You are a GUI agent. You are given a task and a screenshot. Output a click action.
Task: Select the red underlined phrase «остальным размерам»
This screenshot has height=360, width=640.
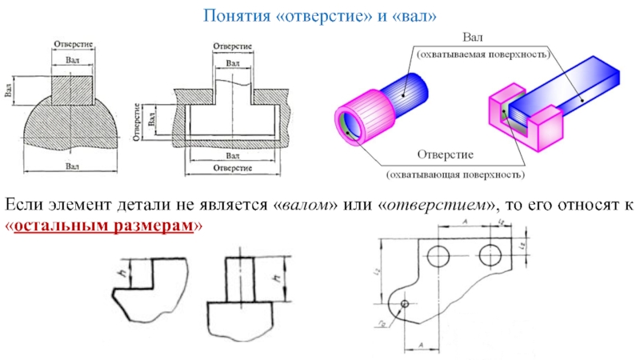104,226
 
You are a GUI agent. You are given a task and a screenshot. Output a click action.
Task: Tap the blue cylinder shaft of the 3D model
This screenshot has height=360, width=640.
413,87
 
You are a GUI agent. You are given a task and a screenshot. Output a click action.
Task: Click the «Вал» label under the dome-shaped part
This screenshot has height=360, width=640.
73,166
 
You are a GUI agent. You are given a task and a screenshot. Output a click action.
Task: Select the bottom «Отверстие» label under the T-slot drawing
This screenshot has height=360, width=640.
233,169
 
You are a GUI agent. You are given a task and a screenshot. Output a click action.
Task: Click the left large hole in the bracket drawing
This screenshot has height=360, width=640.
438,257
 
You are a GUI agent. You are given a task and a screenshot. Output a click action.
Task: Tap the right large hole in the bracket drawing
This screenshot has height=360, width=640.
490,256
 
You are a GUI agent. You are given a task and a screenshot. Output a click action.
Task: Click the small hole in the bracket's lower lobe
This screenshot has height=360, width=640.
405,304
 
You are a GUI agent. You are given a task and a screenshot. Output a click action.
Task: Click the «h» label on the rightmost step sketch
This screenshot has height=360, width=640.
274,279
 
